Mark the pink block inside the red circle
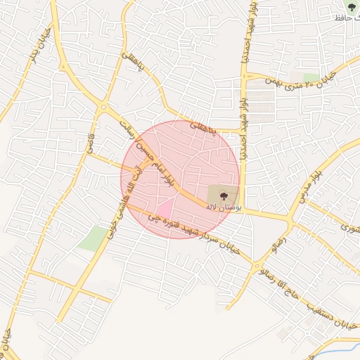pos(164,210)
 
